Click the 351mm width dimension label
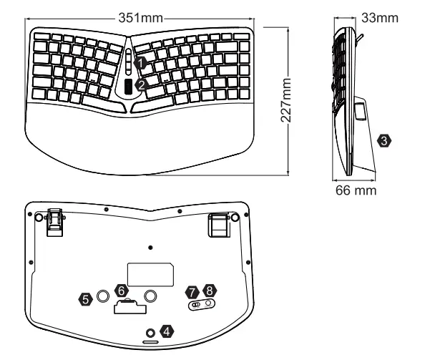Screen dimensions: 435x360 (x=142, y=16)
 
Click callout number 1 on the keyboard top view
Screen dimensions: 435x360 (x=142, y=64)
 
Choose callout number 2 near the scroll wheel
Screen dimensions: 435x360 (x=142, y=84)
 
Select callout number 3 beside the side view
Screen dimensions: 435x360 (x=386, y=141)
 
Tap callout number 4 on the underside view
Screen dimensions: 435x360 (x=166, y=331)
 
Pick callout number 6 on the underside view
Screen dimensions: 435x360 (x=121, y=291)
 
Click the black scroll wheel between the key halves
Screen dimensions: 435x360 (x=129, y=87)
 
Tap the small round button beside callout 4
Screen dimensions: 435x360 (x=150, y=333)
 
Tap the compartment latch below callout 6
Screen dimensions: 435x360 (x=129, y=306)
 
